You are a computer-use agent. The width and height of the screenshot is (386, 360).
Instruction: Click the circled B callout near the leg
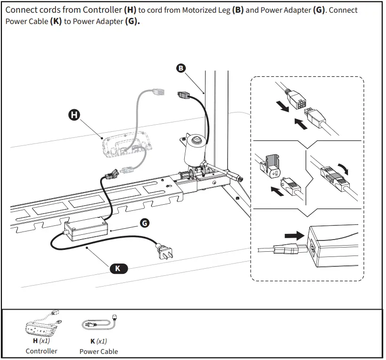181,68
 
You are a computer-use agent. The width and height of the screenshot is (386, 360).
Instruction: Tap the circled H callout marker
74,114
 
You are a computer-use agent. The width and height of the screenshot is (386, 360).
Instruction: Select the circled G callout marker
145,223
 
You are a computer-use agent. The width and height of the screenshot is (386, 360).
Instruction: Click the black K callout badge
118,268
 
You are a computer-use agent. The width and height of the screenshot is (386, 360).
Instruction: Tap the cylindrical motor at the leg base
194,148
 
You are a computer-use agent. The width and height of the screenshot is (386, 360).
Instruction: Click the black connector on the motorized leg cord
183,96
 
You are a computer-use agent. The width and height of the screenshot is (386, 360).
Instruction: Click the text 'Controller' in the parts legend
41,351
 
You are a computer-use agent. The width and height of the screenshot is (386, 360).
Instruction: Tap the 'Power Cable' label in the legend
99,352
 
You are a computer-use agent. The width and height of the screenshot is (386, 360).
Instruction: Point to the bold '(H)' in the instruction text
130,10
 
